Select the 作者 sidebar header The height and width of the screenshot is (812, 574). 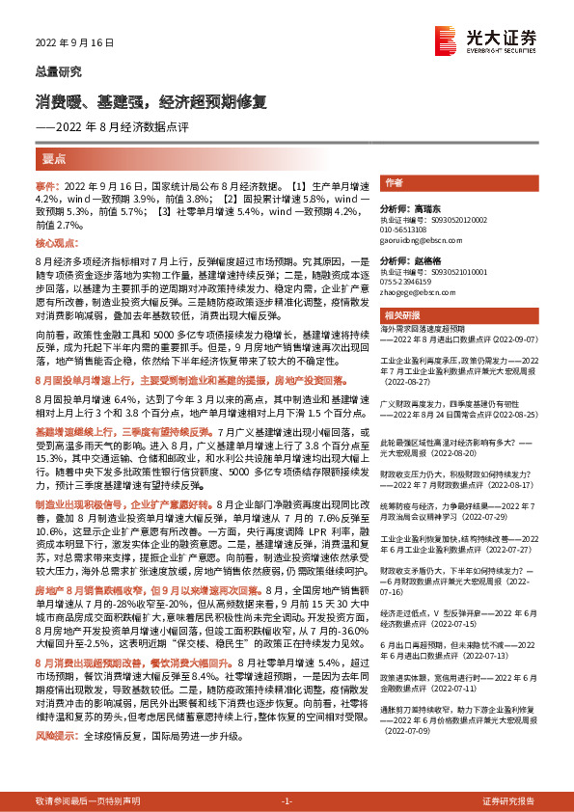394,183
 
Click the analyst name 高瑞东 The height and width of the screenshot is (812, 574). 423,208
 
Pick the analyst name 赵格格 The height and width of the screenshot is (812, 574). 423,261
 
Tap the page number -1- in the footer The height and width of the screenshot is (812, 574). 287,801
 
